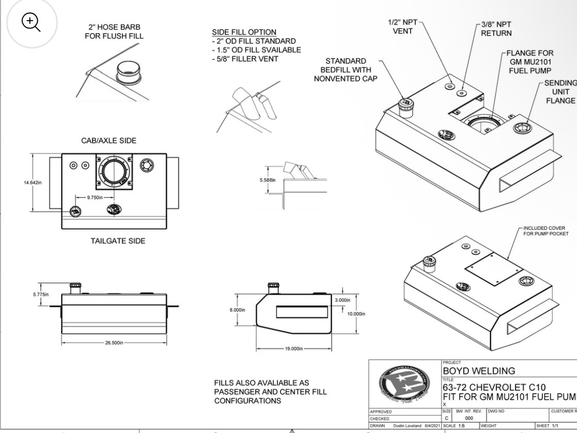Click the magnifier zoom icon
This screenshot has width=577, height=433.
click(30, 22)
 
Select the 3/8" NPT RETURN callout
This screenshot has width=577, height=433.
click(496, 29)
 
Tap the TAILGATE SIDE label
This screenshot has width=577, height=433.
click(114, 241)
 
